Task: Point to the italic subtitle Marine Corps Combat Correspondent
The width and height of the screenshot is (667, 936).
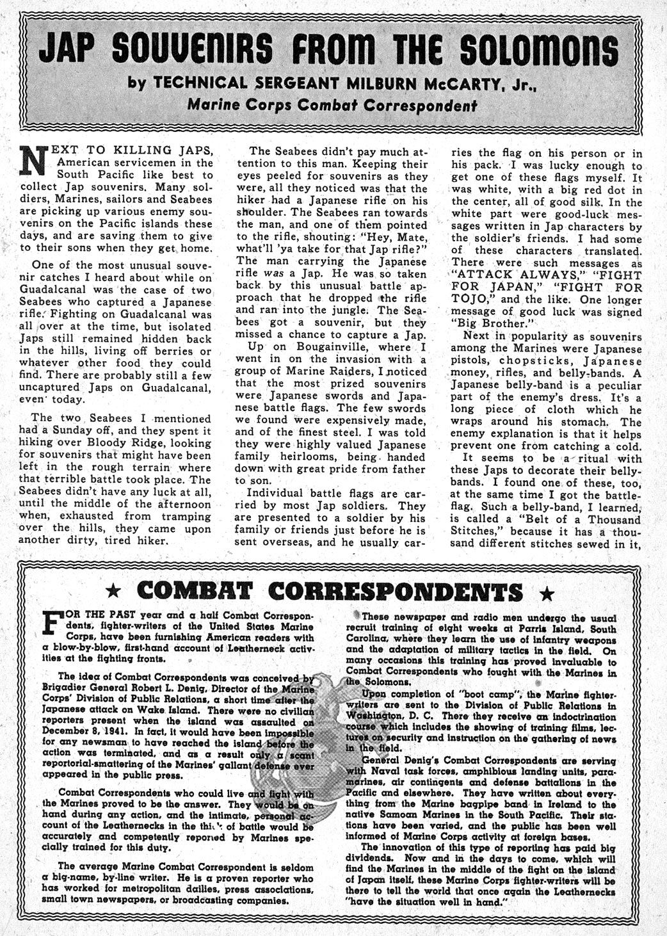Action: click(332, 105)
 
